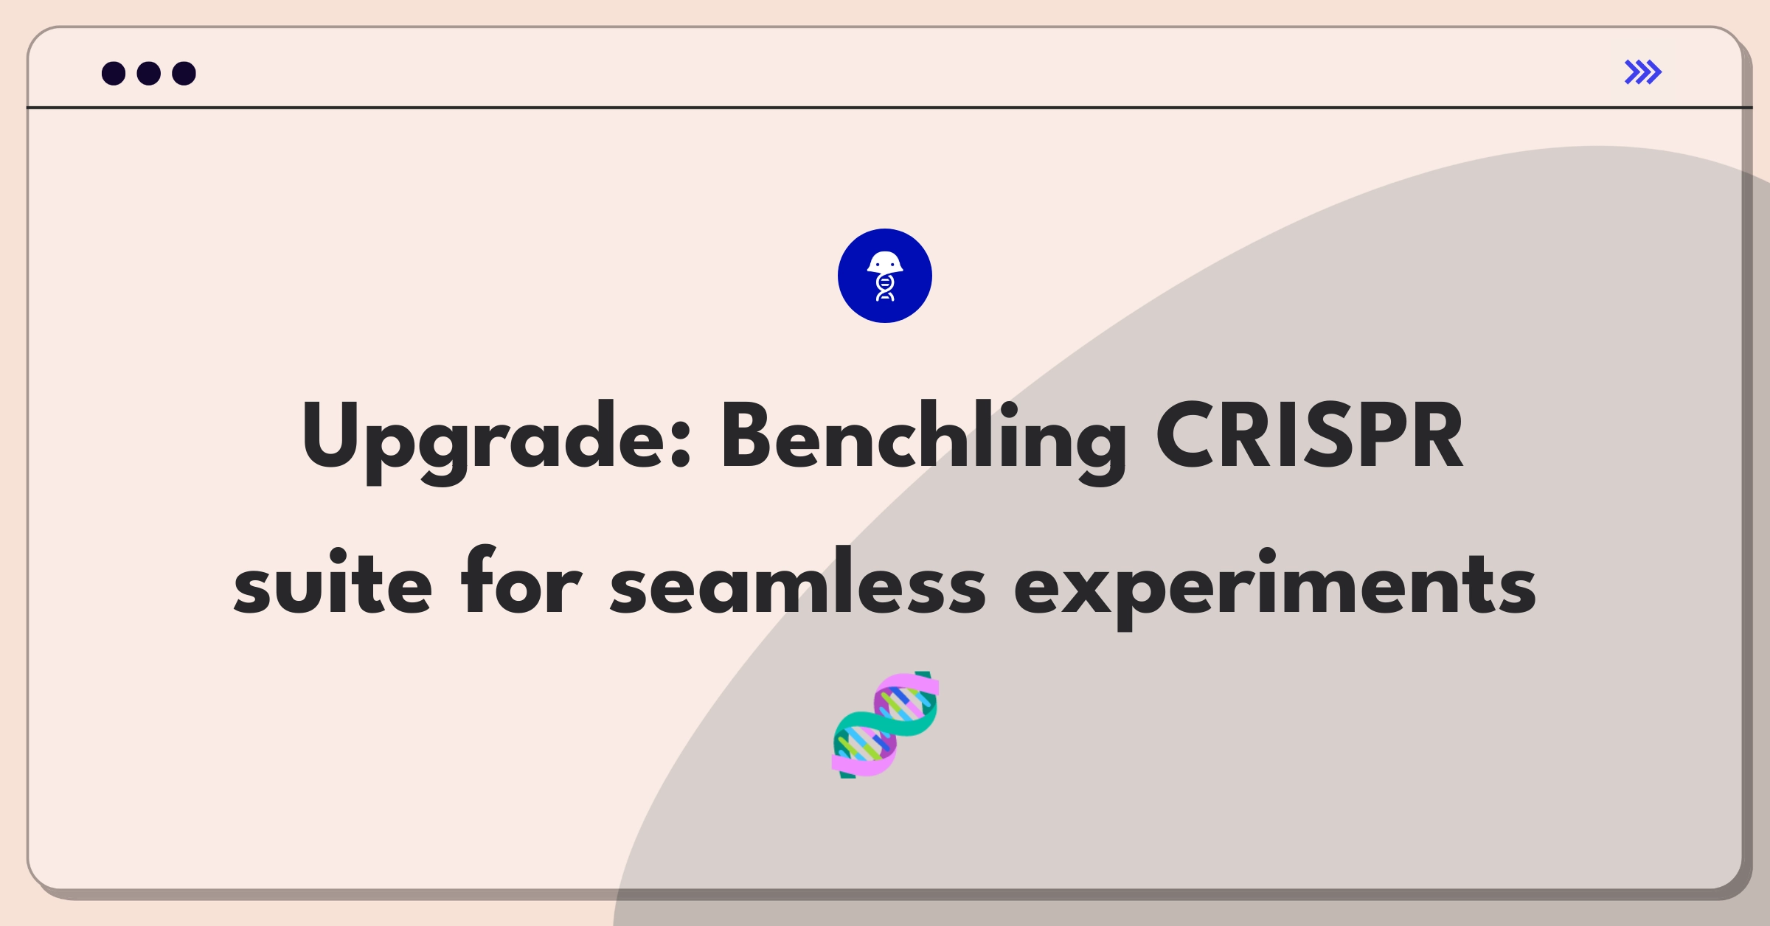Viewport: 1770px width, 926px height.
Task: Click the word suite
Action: coord(332,582)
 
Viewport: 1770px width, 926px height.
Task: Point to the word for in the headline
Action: coord(521,582)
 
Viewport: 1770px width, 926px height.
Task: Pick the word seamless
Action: coord(797,582)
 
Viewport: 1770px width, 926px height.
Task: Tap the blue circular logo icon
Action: coord(885,276)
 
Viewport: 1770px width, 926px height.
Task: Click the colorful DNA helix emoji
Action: coord(885,725)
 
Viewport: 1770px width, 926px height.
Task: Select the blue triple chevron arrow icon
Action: coord(1642,72)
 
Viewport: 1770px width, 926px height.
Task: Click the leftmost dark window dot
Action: coord(114,73)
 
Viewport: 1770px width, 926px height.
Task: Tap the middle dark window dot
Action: coord(149,73)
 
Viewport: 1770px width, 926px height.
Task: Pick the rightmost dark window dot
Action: coord(184,73)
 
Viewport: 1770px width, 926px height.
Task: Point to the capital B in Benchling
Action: coord(744,435)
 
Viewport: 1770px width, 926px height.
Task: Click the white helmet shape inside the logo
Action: coord(885,262)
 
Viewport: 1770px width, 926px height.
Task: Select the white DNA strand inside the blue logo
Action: coord(885,288)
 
